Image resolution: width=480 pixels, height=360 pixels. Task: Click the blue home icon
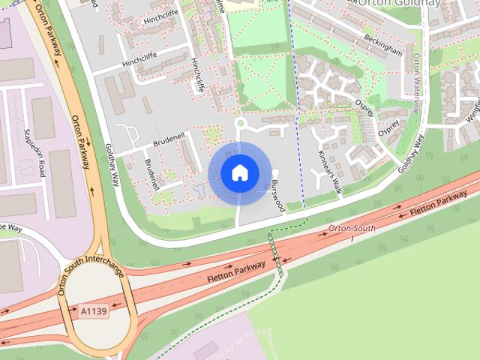[x=239, y=173]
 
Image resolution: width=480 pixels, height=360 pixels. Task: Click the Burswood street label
[x=278, y=195]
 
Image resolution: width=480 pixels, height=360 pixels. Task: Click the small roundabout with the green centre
[x=240, y=123]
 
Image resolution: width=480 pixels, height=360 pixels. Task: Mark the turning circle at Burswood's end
[x=275, y=173]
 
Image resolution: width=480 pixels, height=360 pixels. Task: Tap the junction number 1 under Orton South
[x=349, y=238]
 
